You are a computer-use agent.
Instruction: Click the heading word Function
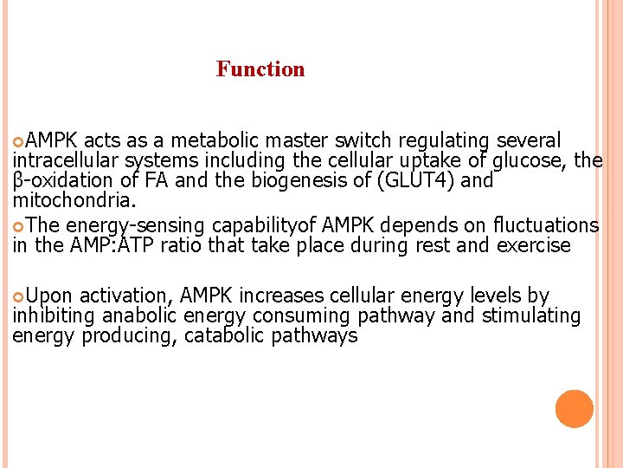pyautogui.click(x=260, y=69)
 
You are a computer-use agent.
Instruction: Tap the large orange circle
pyautogui.click(x=574, y=409)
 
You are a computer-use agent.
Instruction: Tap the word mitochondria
pyautogui.click(x=73, y=201)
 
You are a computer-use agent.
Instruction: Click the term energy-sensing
pyautogui.click(x=142, y=225)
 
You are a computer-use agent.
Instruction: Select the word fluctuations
pyautogui.click(x=546, y=225)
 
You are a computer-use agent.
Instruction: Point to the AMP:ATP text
pyautogui.click(x=112, y=245)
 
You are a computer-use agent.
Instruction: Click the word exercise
pyautogui.click(x=534, y=245)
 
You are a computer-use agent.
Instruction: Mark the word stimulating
pyautogui.click(x=529, y=315)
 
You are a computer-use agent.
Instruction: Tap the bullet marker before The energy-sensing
pyautogui.click(x=19, y=226)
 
